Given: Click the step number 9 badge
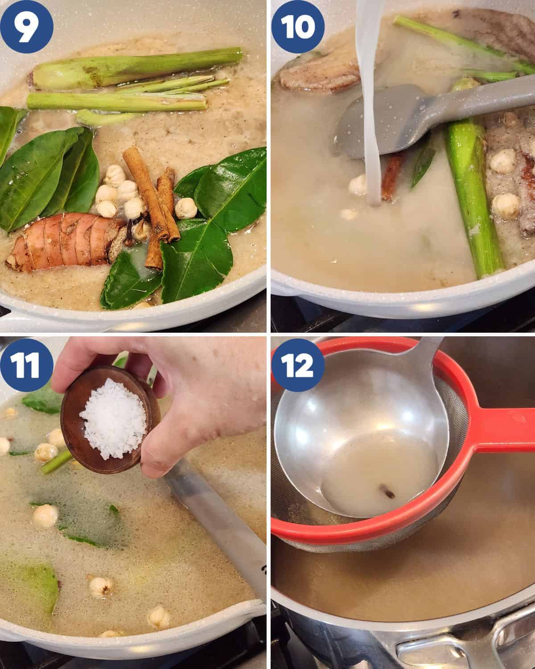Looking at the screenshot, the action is click(x=26, y=27).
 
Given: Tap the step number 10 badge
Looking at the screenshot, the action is click(x=298, y=27).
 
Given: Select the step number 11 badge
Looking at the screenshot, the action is click(x=26, y=365).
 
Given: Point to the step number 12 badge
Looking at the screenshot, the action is click(x=298, y=365).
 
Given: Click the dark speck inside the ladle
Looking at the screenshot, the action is click(x=387, y=492).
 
